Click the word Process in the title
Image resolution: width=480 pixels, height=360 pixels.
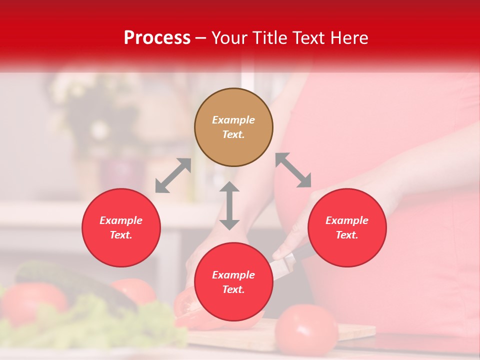157,38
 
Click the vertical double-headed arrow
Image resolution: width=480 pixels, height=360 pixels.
229,205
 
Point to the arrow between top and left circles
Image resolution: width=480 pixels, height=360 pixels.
173,175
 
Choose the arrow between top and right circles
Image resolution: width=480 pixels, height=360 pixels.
293,170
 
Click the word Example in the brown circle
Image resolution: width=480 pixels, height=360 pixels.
233,120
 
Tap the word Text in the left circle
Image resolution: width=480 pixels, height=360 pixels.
121,235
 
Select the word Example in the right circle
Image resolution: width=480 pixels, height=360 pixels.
347,220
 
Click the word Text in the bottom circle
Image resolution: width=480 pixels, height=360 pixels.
233,289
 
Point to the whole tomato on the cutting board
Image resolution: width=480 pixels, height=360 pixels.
306,329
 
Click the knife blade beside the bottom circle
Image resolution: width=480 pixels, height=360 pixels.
283,265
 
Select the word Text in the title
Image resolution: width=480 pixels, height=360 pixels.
308,38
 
